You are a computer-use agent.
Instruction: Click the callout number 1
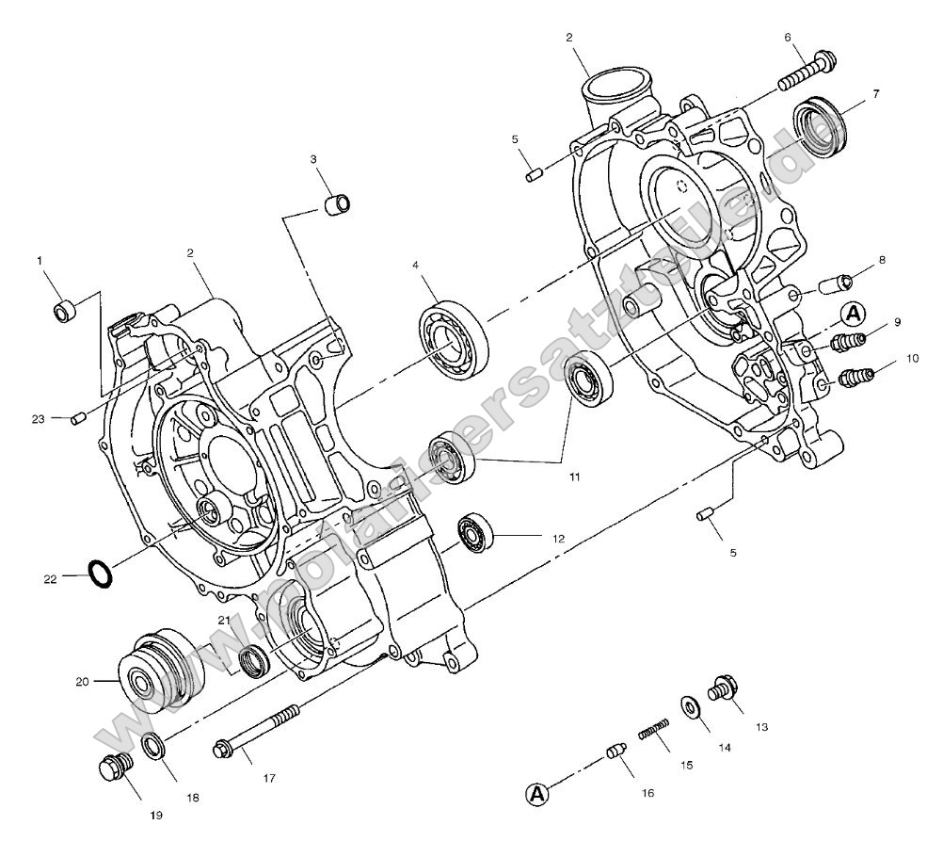point(40,259)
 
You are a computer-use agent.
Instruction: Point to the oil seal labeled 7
point(817,125)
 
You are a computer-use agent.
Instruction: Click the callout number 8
point(883,259)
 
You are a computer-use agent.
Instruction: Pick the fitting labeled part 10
point(857,377)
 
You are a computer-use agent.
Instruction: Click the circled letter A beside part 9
point(853,313)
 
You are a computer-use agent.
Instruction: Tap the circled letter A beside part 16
point(536,794)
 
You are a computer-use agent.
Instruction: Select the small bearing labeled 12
point(477,533)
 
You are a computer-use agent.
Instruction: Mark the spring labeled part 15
point(655,730)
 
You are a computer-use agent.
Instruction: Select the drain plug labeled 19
point(114,769)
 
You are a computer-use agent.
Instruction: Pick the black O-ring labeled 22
point(101,572)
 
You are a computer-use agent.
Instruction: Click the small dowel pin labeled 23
point(80,416)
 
